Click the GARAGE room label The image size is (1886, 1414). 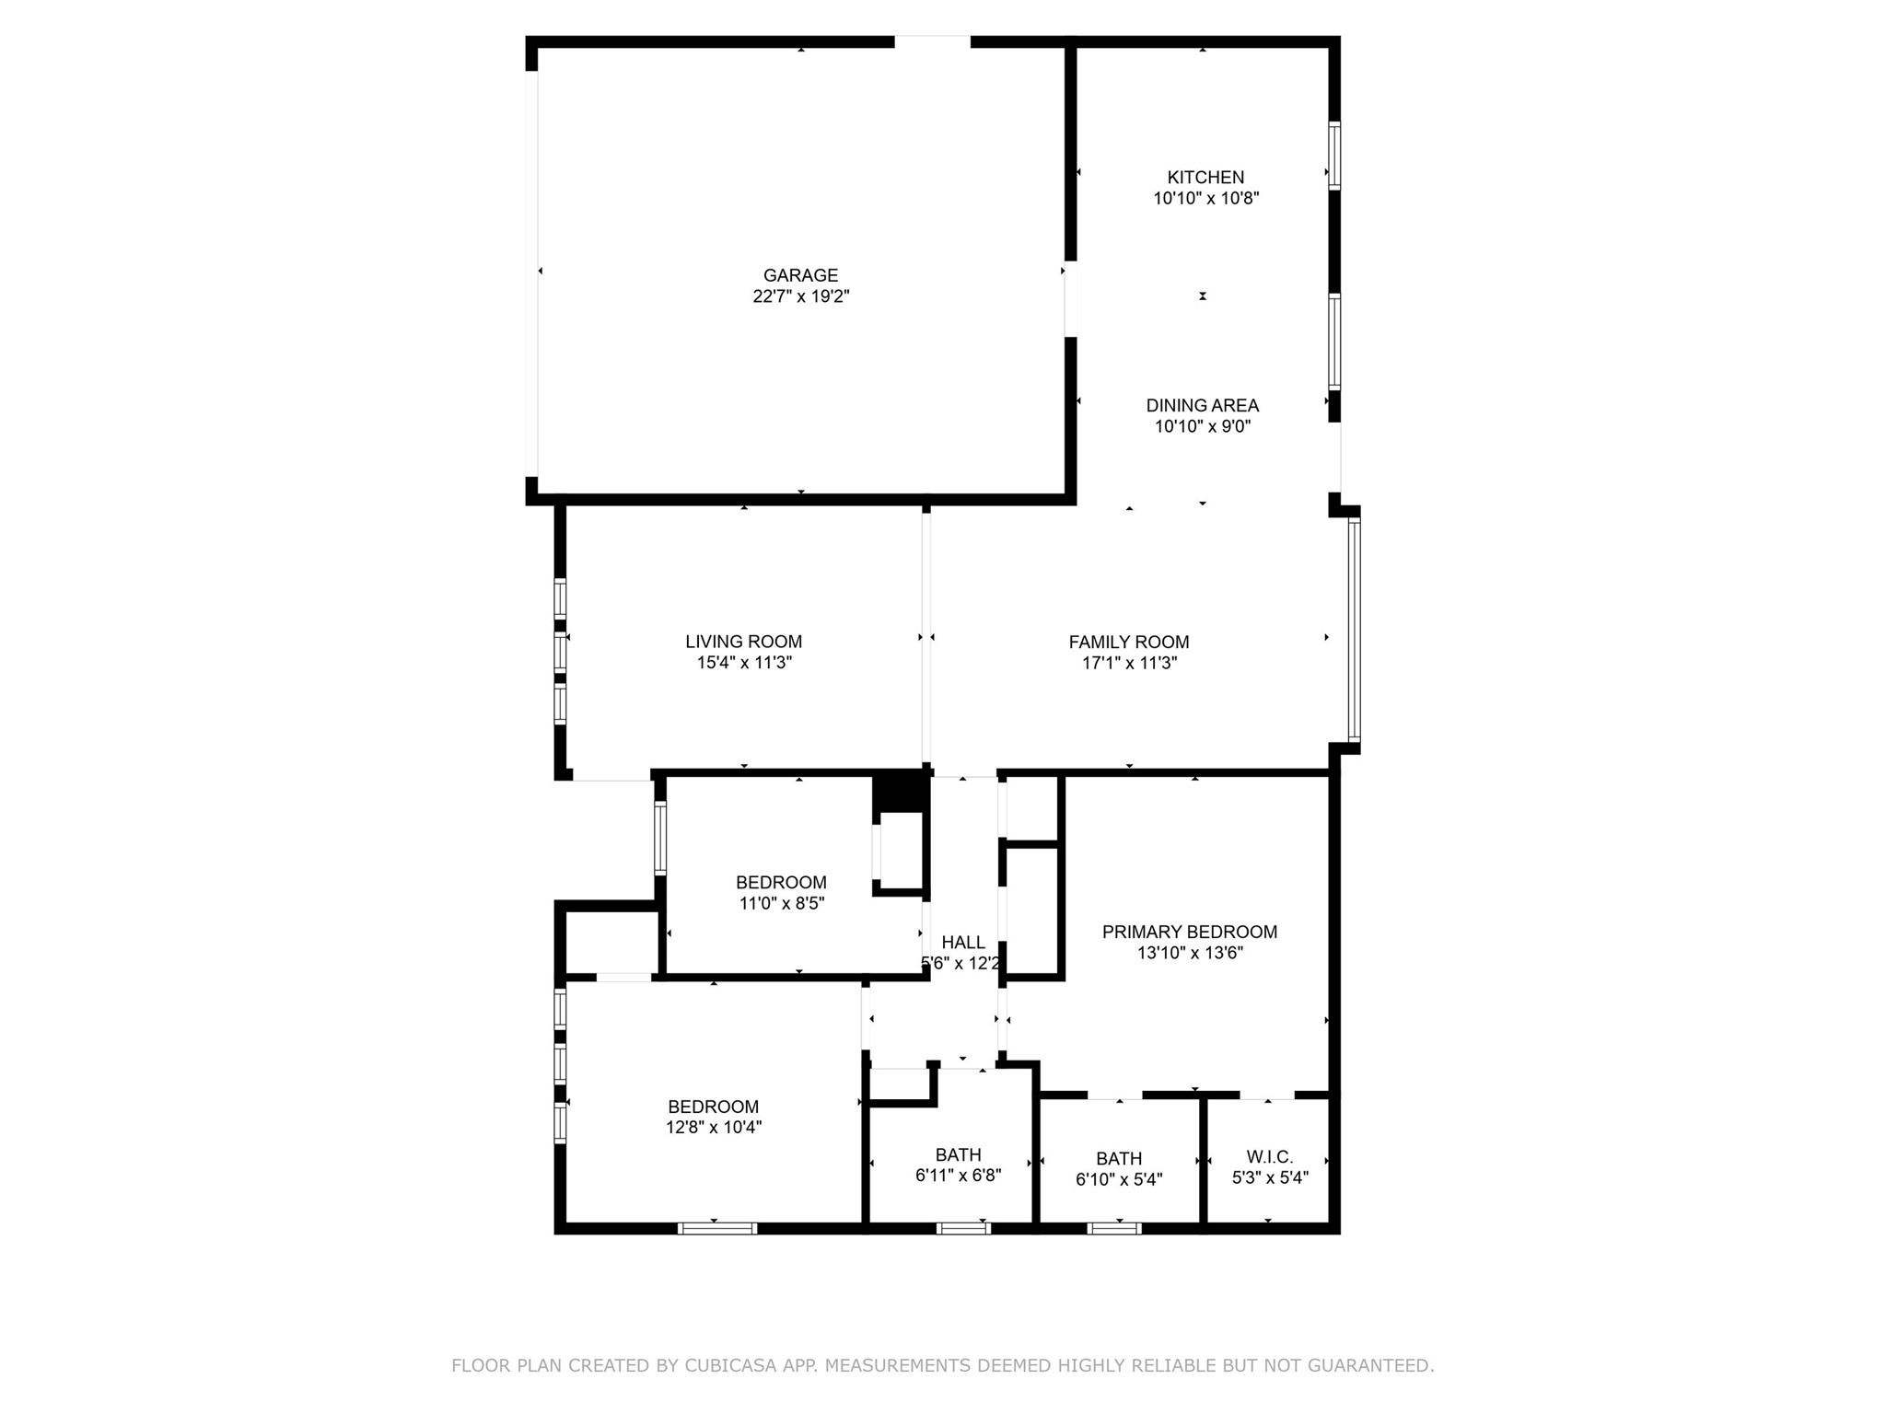pos(800,275)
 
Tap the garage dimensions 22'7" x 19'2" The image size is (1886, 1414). pos(800,296)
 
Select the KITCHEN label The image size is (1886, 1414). pos(1205,177)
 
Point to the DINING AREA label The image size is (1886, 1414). pos(1202,405)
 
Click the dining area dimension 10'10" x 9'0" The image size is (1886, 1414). pos(1202,426)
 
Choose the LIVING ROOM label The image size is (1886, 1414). pos(743,642)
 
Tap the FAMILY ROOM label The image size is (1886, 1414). pos(1128,642)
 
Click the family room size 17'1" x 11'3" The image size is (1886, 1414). pos(1128,663)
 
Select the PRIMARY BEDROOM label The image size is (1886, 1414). pos(1189,932)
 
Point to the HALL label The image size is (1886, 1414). pos(963,943)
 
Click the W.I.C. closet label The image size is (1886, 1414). pos(1270,1156)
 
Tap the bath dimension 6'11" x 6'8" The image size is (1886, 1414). pos(958,1176)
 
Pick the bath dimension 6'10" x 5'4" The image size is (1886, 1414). pos(1119,1179)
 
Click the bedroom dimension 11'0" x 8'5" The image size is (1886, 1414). pos(781,904)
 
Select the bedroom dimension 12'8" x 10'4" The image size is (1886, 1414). pos(714,1128)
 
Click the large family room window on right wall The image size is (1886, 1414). pos(1354,630)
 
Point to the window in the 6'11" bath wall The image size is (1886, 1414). pos(963,1227)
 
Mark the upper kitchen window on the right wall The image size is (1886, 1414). pos(1333,155)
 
